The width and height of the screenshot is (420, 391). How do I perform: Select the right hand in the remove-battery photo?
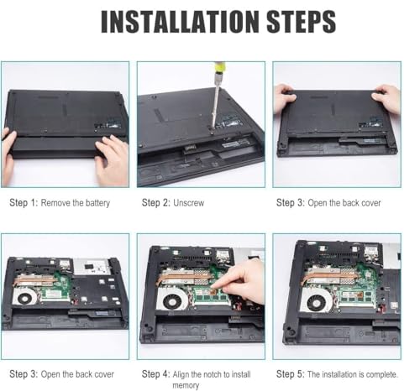112,159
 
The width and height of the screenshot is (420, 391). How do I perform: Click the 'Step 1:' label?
23,203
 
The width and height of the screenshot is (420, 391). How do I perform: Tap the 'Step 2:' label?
155,203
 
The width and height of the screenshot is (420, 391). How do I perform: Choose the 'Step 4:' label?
155,374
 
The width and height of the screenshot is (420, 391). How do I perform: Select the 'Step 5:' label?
291,374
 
